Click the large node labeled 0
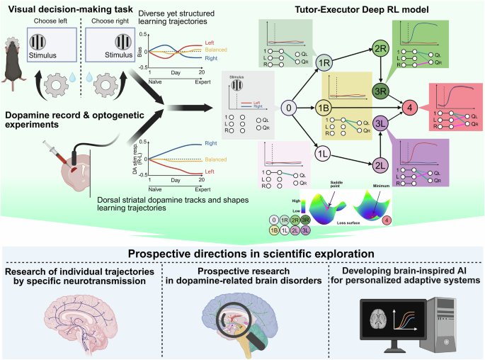point(287,108)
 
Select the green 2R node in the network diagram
point(380,50)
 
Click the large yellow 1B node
point(325,108)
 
